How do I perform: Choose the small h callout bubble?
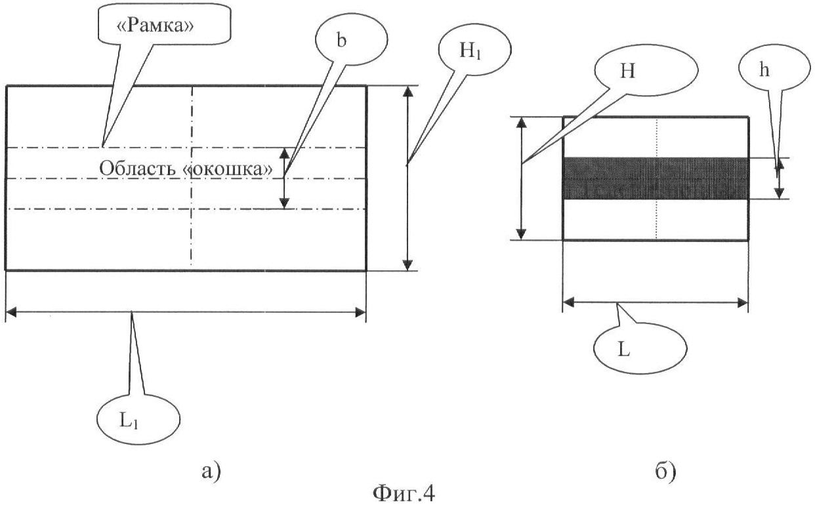[763, 73]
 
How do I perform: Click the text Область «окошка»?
[186, 168]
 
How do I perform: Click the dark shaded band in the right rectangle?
[656, 178]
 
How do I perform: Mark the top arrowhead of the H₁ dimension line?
[408, 92]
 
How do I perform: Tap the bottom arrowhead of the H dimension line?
[521, 233]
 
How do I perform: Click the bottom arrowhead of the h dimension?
[779, 193]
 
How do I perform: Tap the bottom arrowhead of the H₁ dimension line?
[408, 264]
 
